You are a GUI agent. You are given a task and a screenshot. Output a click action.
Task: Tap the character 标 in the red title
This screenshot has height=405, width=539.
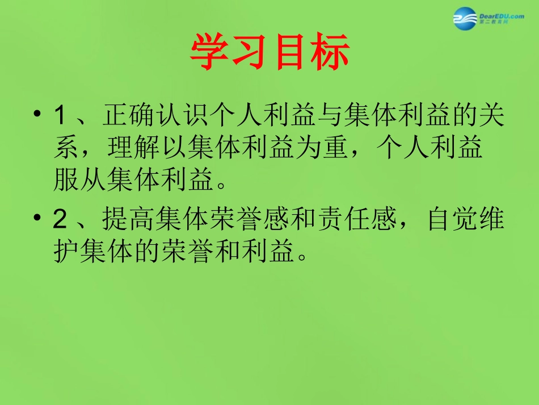(x=330, y=53)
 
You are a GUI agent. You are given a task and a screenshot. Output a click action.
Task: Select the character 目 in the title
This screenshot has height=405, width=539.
(x=290, y=53)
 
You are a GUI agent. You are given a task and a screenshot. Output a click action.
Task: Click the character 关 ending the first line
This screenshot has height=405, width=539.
(x=492, y=116)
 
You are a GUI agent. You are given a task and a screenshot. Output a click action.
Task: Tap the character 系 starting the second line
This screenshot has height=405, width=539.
(x=66, y=148)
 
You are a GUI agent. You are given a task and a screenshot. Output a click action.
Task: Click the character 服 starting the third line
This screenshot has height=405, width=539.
(x=66, y=180)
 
